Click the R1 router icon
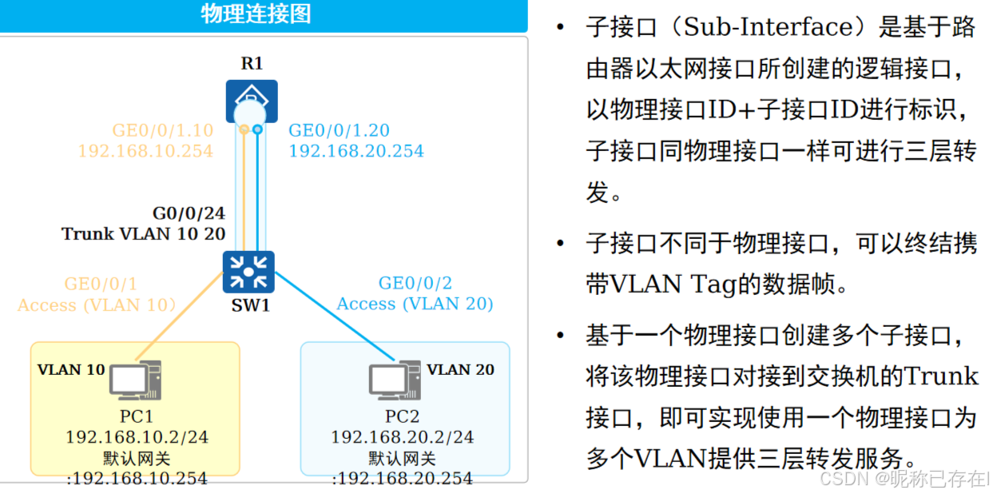point(252,102)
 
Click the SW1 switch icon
point(248,271)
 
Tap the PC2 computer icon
point(395,380)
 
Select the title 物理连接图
point(256,14)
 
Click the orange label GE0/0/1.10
point(162,130)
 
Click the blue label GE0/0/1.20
point(339,130)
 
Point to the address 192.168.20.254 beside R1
point(356,151)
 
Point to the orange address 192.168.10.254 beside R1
point(145,151)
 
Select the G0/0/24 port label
point(189,213)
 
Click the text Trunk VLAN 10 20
point(144,233)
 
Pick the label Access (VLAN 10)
point(97,305)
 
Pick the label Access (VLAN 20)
point(415,304)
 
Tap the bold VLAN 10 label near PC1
point(71,369)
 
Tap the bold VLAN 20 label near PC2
point(460,369)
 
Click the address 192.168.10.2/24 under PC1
point(137,437)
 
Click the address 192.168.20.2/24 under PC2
point(402,437)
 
